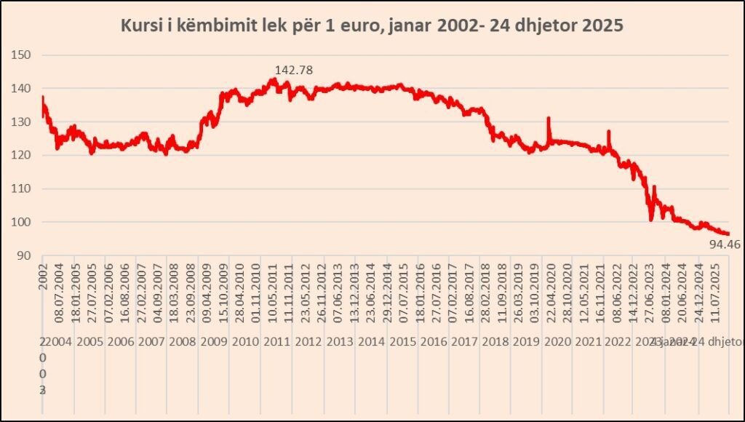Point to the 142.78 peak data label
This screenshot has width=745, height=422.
click(293, 70)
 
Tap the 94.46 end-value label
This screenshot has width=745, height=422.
click(724, 244)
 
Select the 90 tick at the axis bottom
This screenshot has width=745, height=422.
click(24, 256)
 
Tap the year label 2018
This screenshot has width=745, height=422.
click(495, 343)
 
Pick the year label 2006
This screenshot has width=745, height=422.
click(120, 343)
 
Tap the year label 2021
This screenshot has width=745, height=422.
click(588, 343)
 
